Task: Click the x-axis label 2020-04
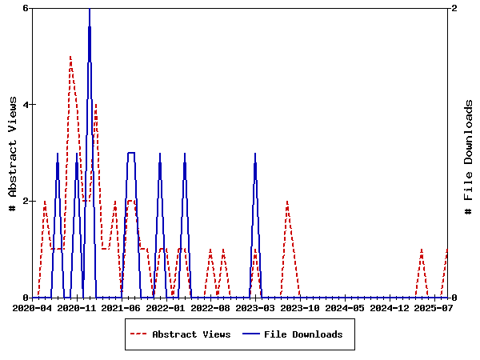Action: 33,307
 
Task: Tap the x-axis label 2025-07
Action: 433,307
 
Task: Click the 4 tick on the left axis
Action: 26,104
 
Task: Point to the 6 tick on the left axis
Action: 26,8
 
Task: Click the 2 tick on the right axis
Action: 454,8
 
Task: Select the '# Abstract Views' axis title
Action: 12,153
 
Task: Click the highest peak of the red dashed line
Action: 70,57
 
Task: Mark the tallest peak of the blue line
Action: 90,9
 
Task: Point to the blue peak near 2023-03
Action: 255,153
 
